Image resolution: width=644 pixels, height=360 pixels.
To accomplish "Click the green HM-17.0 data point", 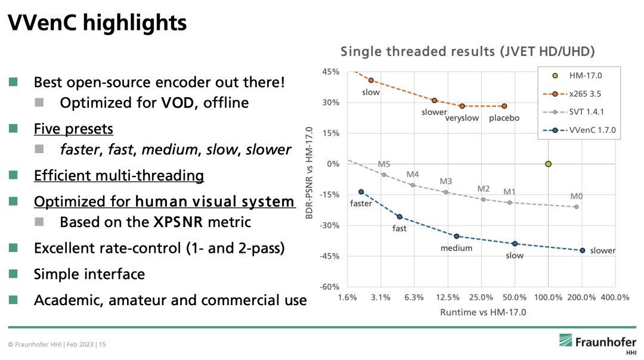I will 549,164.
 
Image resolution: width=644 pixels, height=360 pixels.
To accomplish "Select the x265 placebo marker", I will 504,106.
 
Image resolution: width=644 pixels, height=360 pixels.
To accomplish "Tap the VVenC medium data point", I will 457,237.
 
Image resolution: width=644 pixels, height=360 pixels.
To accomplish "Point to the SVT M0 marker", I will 576,207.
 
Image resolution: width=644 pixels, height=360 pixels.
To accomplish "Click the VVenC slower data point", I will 583,250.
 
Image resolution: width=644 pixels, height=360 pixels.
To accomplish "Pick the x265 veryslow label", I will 462,118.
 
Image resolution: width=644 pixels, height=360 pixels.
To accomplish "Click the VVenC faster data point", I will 361,192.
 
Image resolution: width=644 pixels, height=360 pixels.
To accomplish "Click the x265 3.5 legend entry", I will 578,94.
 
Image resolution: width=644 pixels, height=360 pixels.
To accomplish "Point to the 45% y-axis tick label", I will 330,72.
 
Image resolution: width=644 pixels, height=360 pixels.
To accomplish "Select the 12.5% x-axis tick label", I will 448,297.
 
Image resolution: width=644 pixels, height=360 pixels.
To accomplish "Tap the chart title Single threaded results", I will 467,52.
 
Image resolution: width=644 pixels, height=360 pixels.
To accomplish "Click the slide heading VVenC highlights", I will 97,23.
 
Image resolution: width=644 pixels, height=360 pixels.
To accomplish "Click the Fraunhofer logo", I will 597,343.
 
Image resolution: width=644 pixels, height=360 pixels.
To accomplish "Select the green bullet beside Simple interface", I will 13,274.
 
